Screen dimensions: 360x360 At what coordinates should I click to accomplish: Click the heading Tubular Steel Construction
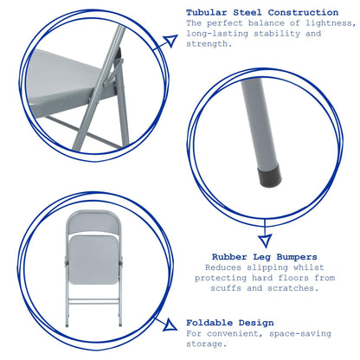261,12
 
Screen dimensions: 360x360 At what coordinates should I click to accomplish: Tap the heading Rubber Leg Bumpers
265,256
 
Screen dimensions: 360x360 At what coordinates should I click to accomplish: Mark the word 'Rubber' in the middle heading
232,256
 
